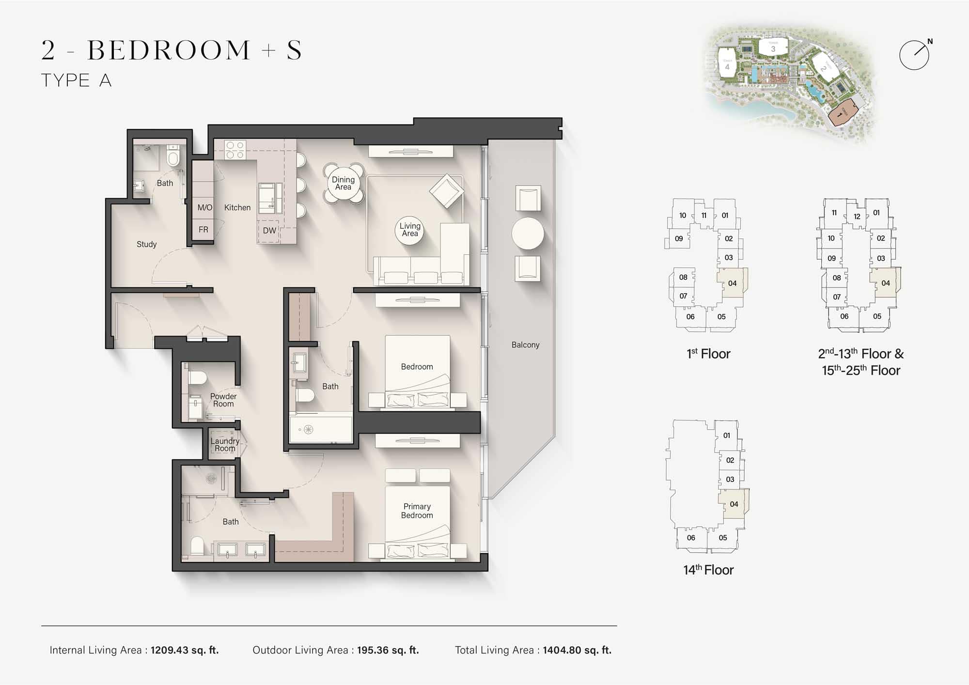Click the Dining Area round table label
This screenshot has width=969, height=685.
coord(343,183)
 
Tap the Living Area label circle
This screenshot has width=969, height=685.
coord(410,230)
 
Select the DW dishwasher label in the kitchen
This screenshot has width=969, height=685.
coord(269,231)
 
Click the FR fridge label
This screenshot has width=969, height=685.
coord(203,230)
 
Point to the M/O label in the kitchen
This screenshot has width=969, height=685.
coord(204,207)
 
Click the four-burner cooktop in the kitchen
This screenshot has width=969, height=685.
coord(235,150)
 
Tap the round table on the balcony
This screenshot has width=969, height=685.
coord(528,233)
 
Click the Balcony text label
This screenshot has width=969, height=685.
coord(525,345)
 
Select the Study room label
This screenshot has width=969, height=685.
coord(146,244)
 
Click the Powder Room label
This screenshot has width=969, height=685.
coord(223,400)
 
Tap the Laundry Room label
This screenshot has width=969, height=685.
coord(225,445)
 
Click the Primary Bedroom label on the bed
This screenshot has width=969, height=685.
coord(417,511)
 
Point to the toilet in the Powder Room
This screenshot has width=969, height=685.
coord(197,377)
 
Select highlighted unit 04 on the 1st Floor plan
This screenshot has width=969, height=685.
coord(732,283)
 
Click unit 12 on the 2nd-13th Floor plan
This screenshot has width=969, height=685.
coord(857,217)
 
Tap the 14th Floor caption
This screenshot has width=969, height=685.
coord(708,570)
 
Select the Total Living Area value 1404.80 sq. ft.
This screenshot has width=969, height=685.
coord(577,650)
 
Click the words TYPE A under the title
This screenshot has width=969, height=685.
coord(77,80)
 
